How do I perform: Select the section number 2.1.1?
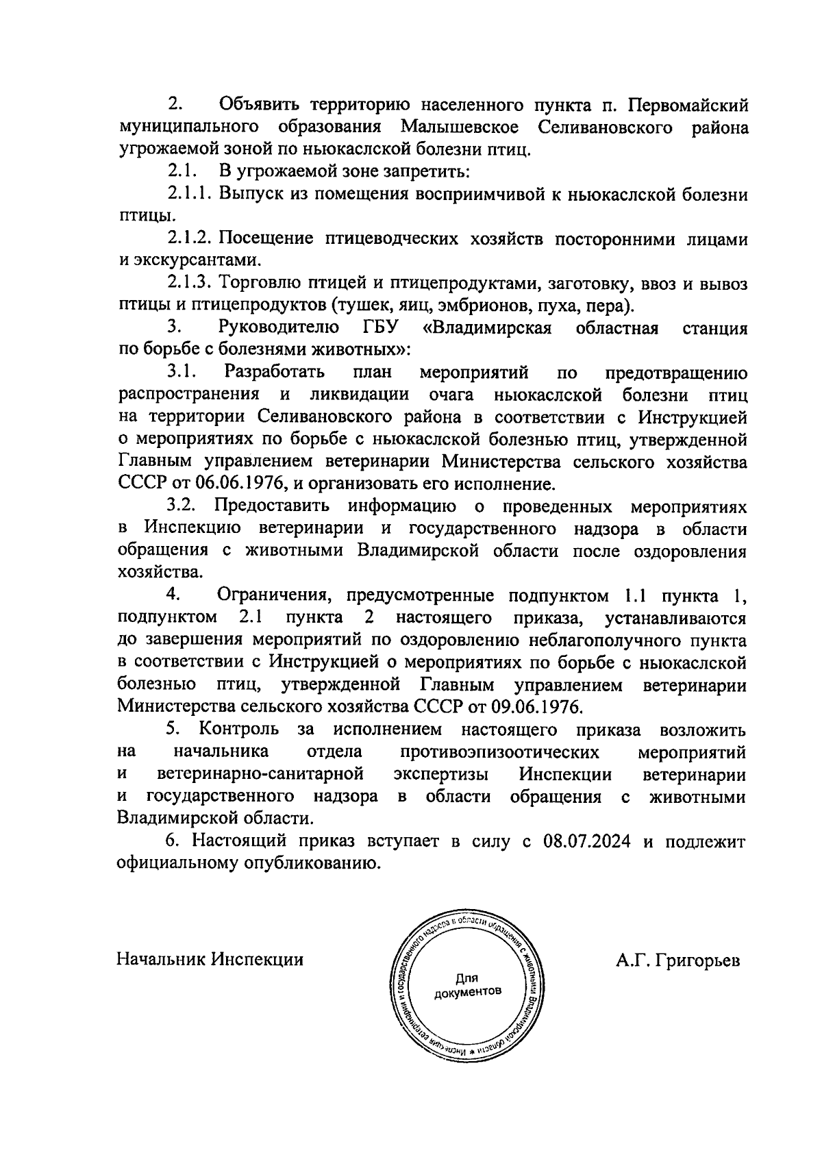[x=191, y=195]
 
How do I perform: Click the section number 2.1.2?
[x=191, y=238]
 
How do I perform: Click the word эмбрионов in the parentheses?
[x=475, y=305]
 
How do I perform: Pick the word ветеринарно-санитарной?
[x=260, y=774]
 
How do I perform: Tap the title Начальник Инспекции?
[x=210, y=959]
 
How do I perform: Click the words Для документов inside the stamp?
[x=467, y=985]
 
